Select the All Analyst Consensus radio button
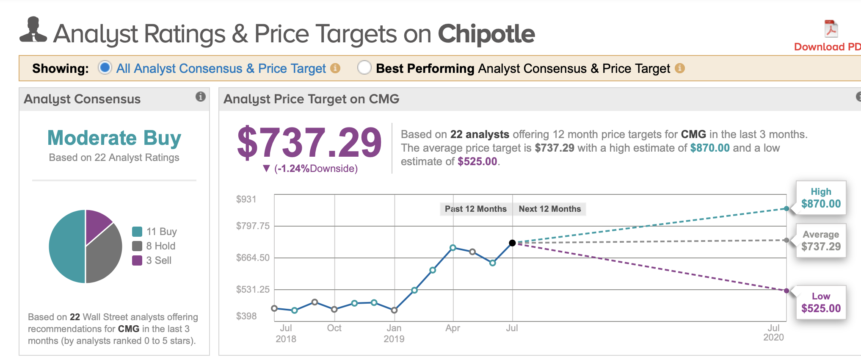coord(105,68)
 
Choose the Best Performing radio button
coord(364,68)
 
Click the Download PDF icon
coord(831,29)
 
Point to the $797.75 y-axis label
coord(253,226)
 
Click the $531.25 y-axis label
coord(253,289)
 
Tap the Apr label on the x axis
coord(453,328)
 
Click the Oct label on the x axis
coord(334,328)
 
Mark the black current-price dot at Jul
coord(512,243)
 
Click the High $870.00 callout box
coord(821,198)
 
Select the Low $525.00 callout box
coord(821,302)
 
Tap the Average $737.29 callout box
coord(821,241)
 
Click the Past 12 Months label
coord(475,209)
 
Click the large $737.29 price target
coord(309,143)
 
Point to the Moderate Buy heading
coord(114,138)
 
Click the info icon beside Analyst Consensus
coord(200,97)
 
